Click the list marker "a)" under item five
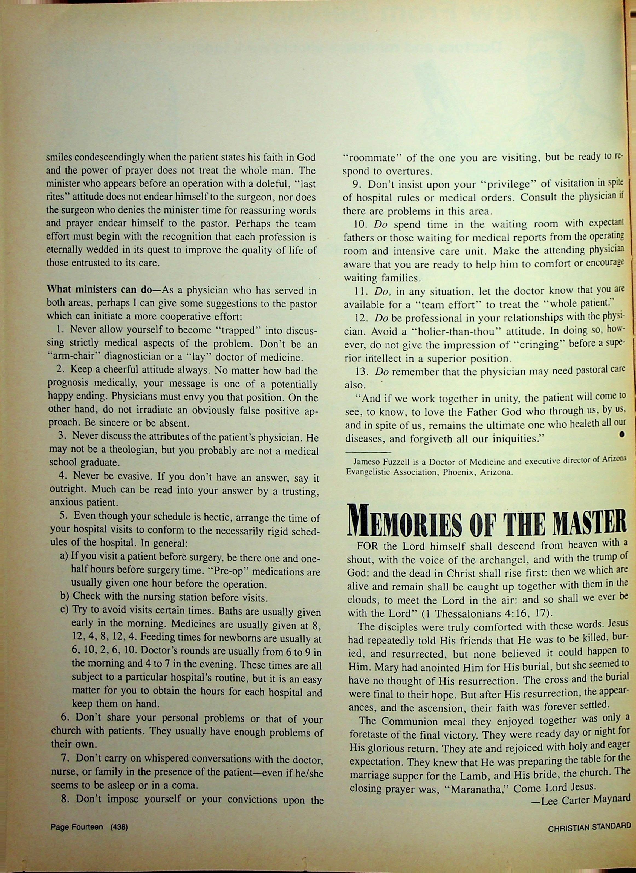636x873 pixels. point(65,558)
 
